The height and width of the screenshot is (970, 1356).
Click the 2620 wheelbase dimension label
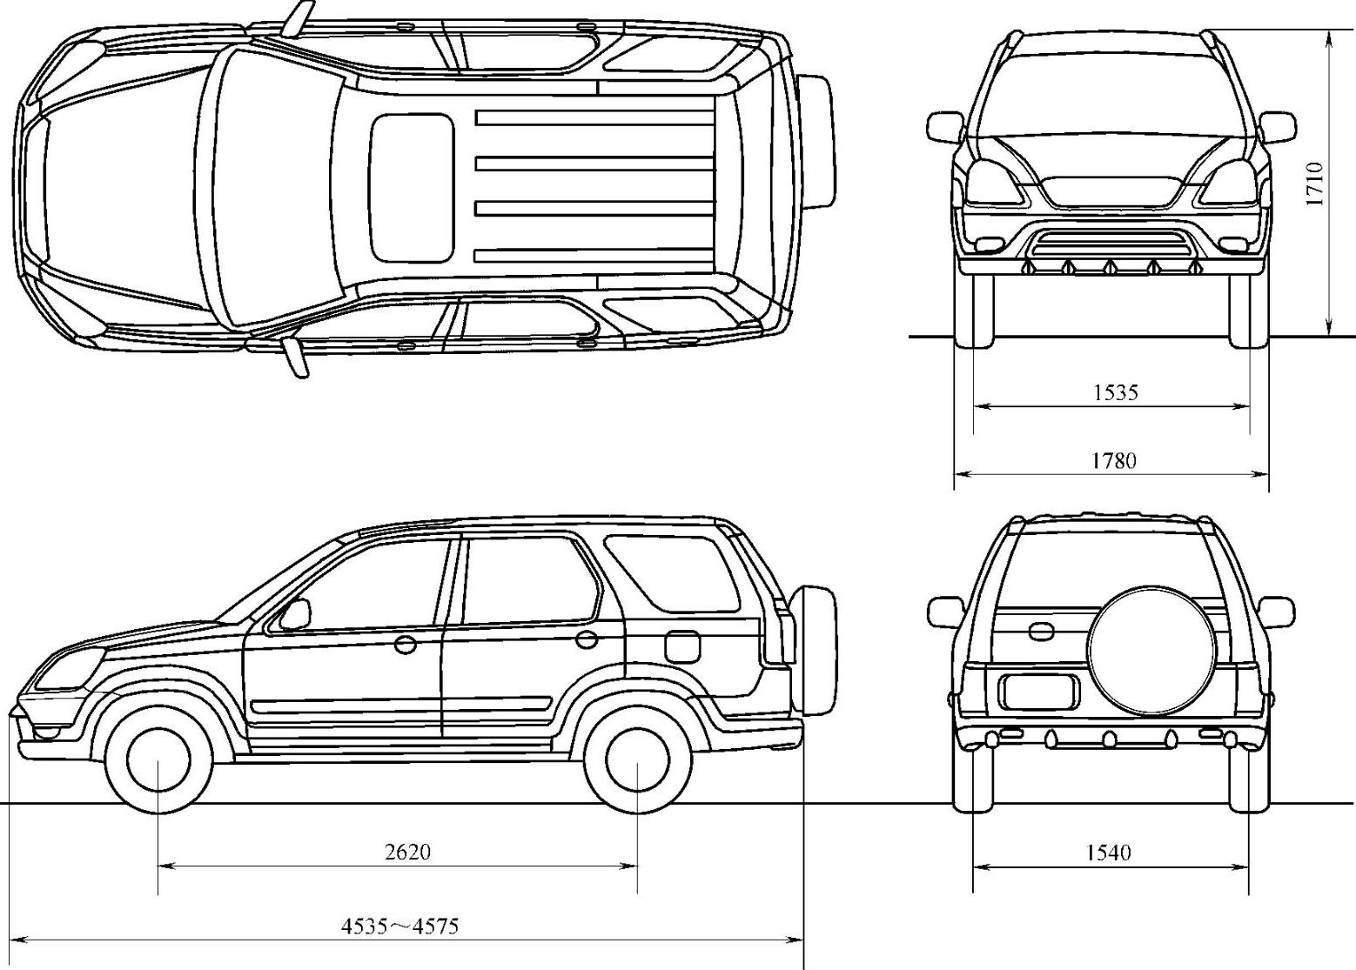click(407, 851)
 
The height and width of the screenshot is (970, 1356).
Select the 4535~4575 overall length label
click(399, 926)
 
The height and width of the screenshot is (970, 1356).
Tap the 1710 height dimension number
click(1314, 183)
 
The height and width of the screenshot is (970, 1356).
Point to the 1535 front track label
click(1115, 392)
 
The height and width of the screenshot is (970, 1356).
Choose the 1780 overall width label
click(1114, 460)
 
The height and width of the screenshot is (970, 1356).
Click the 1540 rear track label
click(1109, 853)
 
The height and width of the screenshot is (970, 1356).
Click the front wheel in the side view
click(158, 759)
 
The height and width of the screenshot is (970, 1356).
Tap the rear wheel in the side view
click(638, 759)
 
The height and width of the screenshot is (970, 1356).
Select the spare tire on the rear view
click(1144, 650)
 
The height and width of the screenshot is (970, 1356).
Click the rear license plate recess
click(1039, 692)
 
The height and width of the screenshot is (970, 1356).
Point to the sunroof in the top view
click(412, 188)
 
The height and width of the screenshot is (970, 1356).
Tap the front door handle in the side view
click(406, 645)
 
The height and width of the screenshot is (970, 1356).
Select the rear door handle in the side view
click(587, 639)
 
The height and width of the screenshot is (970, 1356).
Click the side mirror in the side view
click(294, 614)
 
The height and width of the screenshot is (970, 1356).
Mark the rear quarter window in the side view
click(670, 570)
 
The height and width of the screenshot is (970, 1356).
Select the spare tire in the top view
click(817, 141)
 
